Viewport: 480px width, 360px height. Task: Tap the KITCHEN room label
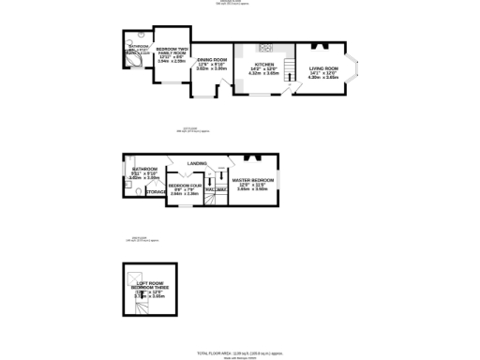click(x=264, y=64)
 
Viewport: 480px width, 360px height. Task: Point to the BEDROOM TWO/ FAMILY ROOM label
click(x=171, y=50)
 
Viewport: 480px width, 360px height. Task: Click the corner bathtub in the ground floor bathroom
click(x=131, y=60)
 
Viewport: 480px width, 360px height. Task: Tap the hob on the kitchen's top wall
click(x=265, y=47)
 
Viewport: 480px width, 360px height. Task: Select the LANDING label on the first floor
click(x=197, y=163)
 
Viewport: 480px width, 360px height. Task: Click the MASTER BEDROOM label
click(x=253, y=179)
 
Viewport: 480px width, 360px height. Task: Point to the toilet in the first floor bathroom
click(x=137, y=192)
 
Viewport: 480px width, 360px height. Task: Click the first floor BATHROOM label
click(x=144, y=168)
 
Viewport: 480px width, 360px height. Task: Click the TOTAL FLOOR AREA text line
click(x=239, y=352)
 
